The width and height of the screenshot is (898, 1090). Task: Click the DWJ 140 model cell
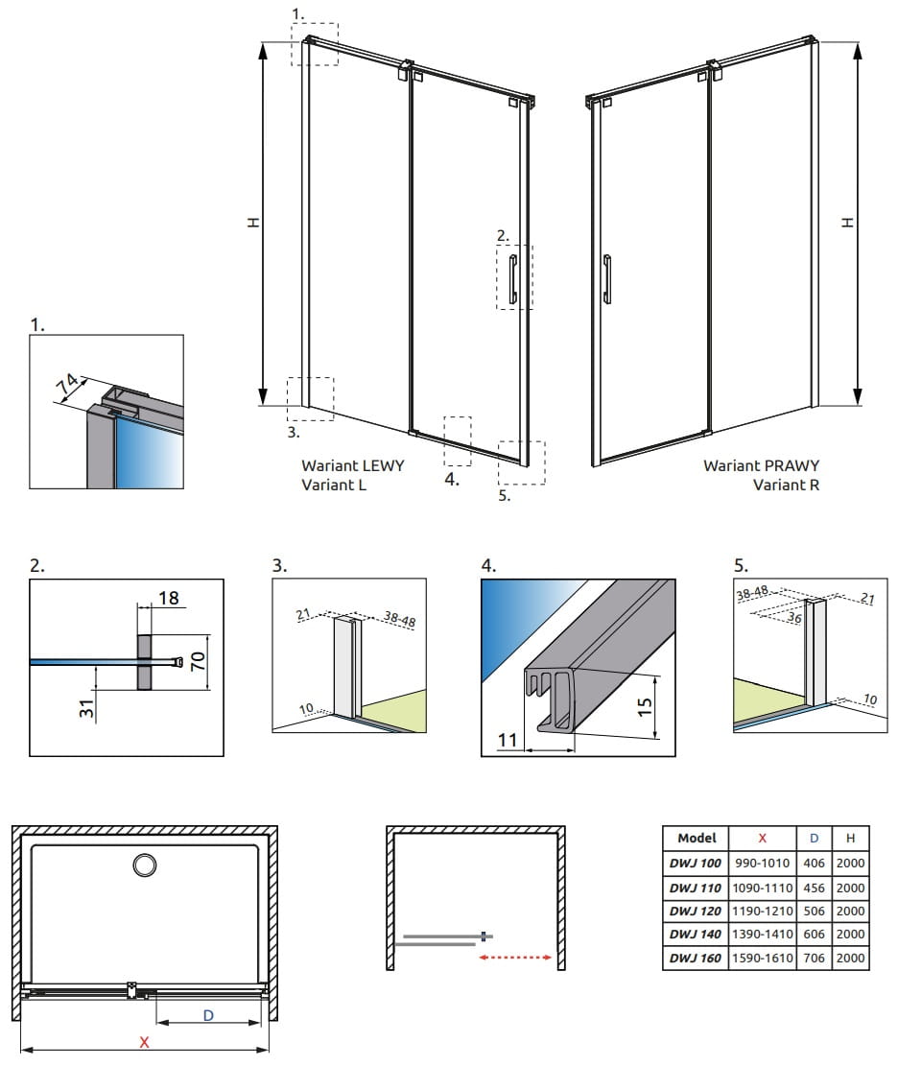pos(696,934)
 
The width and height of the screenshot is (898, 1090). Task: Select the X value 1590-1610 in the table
pos(762,957)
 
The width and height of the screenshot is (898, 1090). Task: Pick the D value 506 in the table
pos(814,911)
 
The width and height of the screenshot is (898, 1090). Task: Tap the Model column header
pos(696,838)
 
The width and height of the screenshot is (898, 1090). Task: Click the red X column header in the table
pos(762,838)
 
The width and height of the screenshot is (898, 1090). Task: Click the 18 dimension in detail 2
pos(169,598)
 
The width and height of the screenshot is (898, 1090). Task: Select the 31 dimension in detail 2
pos(85,711)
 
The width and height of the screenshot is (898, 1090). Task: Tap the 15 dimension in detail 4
pos(645,706)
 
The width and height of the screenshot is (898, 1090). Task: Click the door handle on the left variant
pos(513,275)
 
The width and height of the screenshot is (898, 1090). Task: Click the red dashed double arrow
pos(516,957)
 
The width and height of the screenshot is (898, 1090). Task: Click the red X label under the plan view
pos(145,1042)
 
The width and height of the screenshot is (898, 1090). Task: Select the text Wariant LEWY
pos(352,465)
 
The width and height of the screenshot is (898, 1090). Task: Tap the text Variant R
pos(786,485)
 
